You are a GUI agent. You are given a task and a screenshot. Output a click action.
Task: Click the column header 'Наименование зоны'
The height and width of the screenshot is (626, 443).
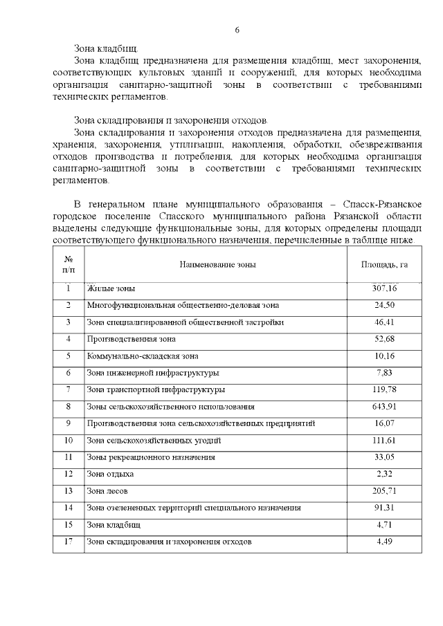217,264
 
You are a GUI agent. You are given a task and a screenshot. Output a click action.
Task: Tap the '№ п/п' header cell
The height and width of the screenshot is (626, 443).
69,264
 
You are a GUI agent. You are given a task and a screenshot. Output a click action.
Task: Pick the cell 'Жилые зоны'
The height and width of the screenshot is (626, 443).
111,288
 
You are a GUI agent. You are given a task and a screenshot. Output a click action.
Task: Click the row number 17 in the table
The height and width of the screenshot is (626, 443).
69,542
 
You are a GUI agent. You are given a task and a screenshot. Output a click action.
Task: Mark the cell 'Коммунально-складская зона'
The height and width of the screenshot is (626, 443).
143,356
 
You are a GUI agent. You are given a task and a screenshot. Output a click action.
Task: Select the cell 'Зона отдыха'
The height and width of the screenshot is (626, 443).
110,475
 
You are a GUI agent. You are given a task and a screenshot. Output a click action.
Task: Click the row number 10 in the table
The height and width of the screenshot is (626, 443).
69,441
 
